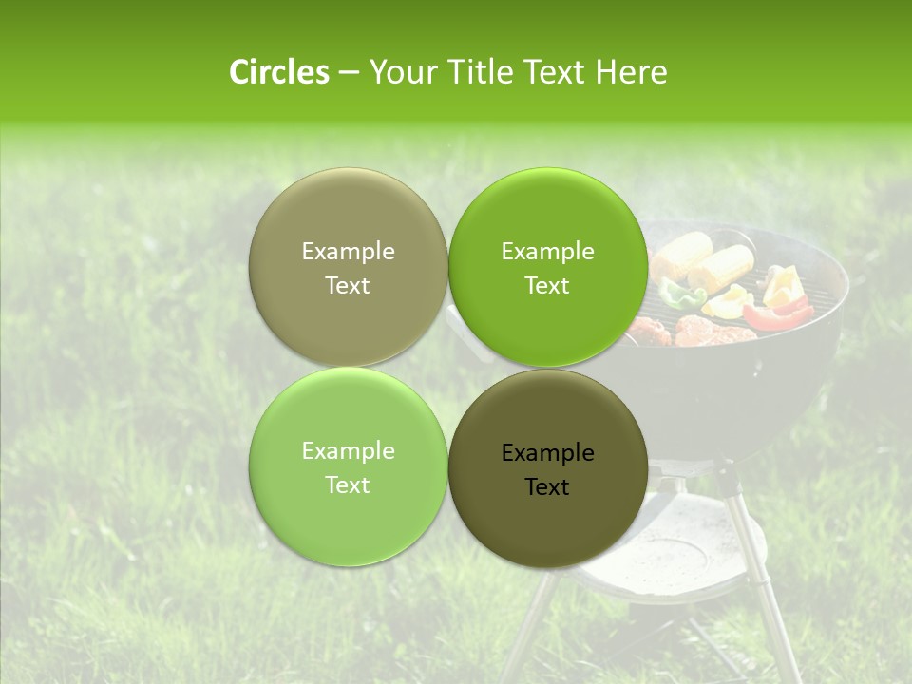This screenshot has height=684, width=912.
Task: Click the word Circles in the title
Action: [x=279, y=72]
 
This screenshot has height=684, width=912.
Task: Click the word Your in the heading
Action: [x=403, y=72]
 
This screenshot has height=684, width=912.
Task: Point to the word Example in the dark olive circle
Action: [x=547, y=453]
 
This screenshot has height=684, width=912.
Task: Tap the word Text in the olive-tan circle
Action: [x=348, y=286]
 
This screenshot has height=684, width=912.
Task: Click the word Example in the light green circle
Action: [x=348, y=451]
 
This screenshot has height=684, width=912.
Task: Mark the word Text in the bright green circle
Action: [x=547, y=286]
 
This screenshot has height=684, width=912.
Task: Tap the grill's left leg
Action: [x=532, y=617]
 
